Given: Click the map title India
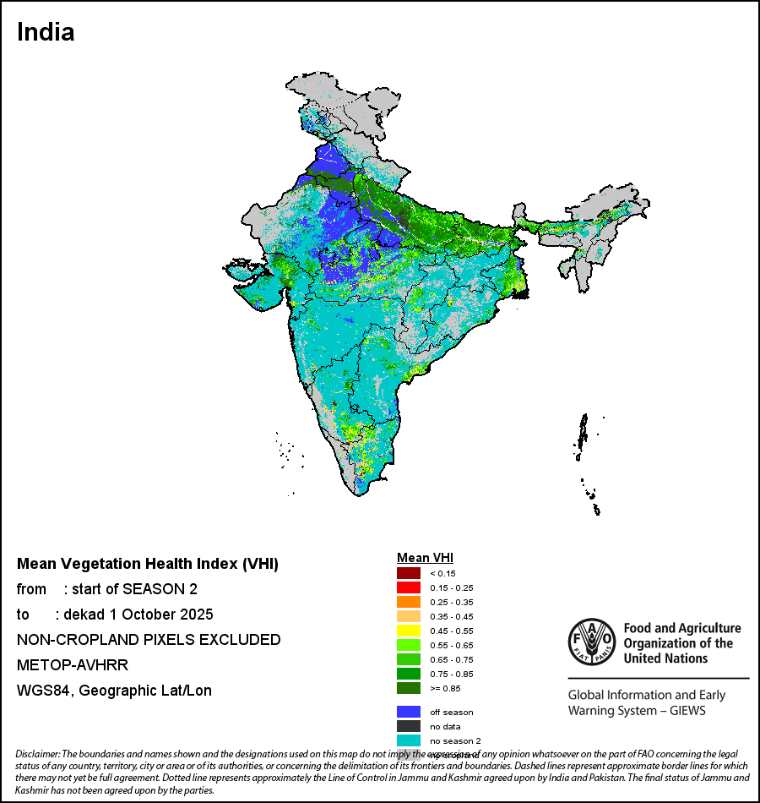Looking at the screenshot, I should coord(46,32).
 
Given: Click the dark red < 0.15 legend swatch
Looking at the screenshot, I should coord(409,573).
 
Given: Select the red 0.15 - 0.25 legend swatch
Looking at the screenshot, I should coord(409,587).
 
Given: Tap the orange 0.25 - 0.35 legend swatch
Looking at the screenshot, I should coord(409,602).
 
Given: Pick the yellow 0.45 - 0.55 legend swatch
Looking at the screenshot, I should coord(409,631).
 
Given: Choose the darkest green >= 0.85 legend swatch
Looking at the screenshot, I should coord(409,688).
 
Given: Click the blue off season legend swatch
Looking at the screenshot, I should coord(409,712).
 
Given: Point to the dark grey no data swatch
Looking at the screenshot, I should coord(409,726).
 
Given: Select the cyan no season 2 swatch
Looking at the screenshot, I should coord(409,740).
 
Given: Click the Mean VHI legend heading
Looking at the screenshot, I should coord(426,558).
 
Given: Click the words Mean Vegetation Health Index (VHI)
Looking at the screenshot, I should coord(148,564).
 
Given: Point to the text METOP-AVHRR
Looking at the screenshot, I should coord(72,665).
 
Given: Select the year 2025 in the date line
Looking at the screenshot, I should coord(197,615).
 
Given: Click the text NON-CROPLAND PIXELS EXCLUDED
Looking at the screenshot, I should coord(149,640).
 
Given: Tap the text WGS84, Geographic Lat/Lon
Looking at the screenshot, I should coord(114,691).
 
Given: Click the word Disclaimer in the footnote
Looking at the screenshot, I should coord(38,754).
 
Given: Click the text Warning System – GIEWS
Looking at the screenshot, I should coord(637,710).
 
